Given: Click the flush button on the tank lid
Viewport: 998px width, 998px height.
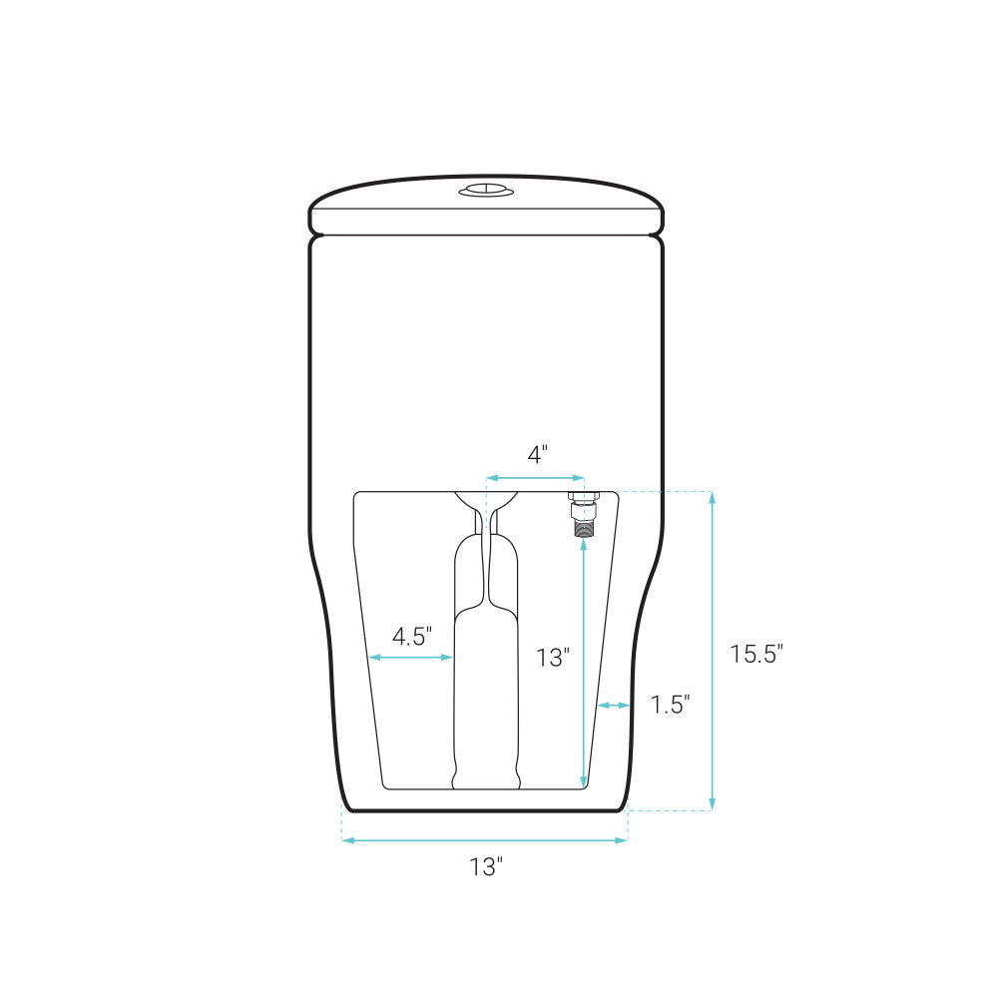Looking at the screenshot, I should click(x=486, y=191).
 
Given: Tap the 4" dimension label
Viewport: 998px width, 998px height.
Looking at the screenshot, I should click(x=537, y=455).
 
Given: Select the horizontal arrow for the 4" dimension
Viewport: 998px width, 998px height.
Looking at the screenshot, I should click(x=535, y=478).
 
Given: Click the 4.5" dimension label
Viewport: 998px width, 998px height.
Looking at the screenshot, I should click(x=411, y=636).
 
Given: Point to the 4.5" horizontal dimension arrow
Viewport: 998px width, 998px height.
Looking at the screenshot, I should click(x=411, y=657).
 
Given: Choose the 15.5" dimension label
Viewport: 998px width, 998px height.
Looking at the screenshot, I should click(x=755, y=655).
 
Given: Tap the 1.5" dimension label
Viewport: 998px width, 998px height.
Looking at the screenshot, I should click(x=671, y=705).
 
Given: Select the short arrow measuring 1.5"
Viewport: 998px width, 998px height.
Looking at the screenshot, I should click(x=614, y=706).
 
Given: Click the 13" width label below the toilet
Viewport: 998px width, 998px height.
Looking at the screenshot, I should click(x=486, y=867).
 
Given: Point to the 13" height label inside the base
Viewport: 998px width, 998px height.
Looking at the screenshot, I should click(x=552, y=658).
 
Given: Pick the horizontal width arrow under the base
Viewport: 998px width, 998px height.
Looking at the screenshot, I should click(x=485, y=840).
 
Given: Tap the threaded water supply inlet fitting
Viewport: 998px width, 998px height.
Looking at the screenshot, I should click(x=579, y=514).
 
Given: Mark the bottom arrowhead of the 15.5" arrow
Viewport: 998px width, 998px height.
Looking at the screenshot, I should click(x=712, y=804).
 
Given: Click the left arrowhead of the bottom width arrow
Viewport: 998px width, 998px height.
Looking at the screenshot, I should click(x=348, y=840).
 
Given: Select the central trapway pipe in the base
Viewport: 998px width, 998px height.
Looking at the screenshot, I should click(x=486, y=679).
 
